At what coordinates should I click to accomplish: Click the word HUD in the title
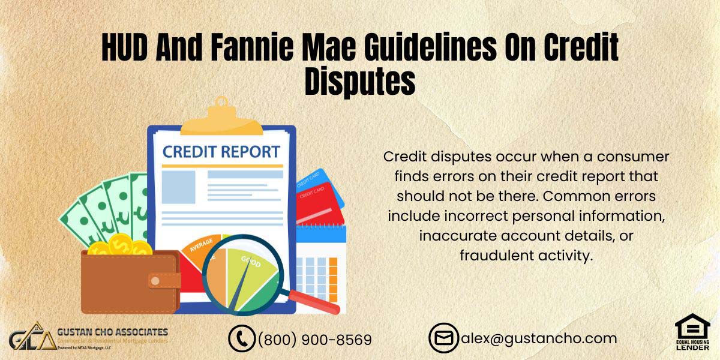[x=124, y=47]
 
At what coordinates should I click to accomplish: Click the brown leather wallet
[x=129, y=282]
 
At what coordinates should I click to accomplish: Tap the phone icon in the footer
[x=242, y=338]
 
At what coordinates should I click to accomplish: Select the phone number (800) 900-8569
[x=314, y=340]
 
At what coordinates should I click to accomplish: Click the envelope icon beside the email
[x=443, y=338]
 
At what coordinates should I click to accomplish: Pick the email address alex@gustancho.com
[x=538, y=338]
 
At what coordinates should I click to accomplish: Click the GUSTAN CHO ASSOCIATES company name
[x=112, y=332]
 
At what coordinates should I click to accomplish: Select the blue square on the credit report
[x=178, y=187]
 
